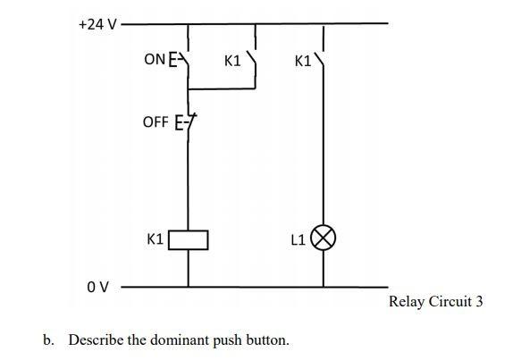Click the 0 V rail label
point(97,288)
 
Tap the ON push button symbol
point(181,60)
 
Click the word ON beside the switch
point(155,60)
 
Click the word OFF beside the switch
point(155,121)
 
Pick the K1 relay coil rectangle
point(189,239)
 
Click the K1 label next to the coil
point(155,239)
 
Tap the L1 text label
point(299,239)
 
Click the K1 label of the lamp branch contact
point(301,62)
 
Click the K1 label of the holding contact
point(232,62)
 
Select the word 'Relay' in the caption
point(408,301)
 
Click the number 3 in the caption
point(479,301)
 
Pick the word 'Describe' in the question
point(96,340)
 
